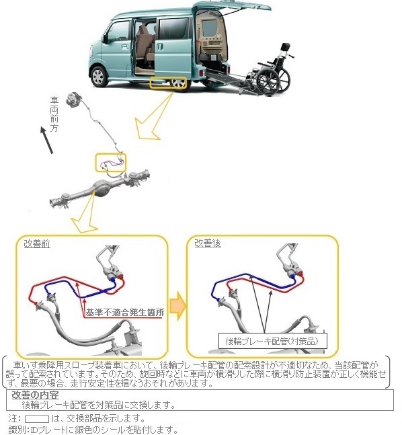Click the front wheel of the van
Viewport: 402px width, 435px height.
click(x=99, y=76)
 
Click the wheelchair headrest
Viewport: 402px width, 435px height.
click(x=286, y=47)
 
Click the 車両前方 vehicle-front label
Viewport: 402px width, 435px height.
click(x=54, y=114)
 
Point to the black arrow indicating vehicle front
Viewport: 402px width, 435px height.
click(x=46, y=140)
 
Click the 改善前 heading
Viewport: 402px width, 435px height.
click(x=37, y=244)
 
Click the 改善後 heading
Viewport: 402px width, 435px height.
click(x=208, y=243)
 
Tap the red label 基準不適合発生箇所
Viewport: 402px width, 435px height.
click(x=125, y=313)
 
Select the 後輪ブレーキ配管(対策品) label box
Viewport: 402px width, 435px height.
click(x=273, y=341)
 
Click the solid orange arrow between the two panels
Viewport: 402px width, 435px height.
click(x=178, y=306)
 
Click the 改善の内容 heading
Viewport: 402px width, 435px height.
click(x=35, y=395)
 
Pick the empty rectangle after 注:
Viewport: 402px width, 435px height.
click(x=37, y=419)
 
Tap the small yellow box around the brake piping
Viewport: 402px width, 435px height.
click(x=111, y=163)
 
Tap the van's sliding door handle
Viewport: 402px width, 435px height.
click(x=160, y=46)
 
